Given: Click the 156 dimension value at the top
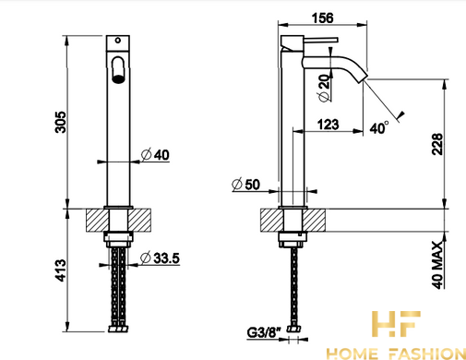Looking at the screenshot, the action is point(322,18).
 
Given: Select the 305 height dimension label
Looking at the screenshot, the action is point(61,122).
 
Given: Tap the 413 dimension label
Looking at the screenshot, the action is point(61,270).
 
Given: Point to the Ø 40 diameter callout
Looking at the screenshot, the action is point(155,154).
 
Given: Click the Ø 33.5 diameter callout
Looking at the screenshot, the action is point(160,258).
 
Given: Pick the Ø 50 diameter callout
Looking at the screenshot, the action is point(245,185).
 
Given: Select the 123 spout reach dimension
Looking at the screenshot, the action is point(329,125).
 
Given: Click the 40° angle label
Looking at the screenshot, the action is point(379,127).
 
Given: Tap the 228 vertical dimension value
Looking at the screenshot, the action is point(437,144).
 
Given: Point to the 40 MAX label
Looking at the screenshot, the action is point(437,265).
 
